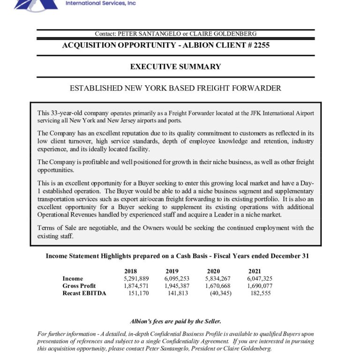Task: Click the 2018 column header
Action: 131,271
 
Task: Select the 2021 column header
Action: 255,271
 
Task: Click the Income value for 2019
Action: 177,278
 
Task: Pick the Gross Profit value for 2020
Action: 218,286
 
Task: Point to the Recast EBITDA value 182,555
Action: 261,293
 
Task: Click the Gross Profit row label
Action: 79,286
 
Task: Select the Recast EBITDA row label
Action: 84,293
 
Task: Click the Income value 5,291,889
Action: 136,278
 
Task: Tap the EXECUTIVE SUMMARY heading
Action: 175,67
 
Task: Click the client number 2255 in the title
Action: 260,45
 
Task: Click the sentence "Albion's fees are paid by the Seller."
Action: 175,321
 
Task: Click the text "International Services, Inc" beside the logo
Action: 101,3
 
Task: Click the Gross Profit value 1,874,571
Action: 136,286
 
